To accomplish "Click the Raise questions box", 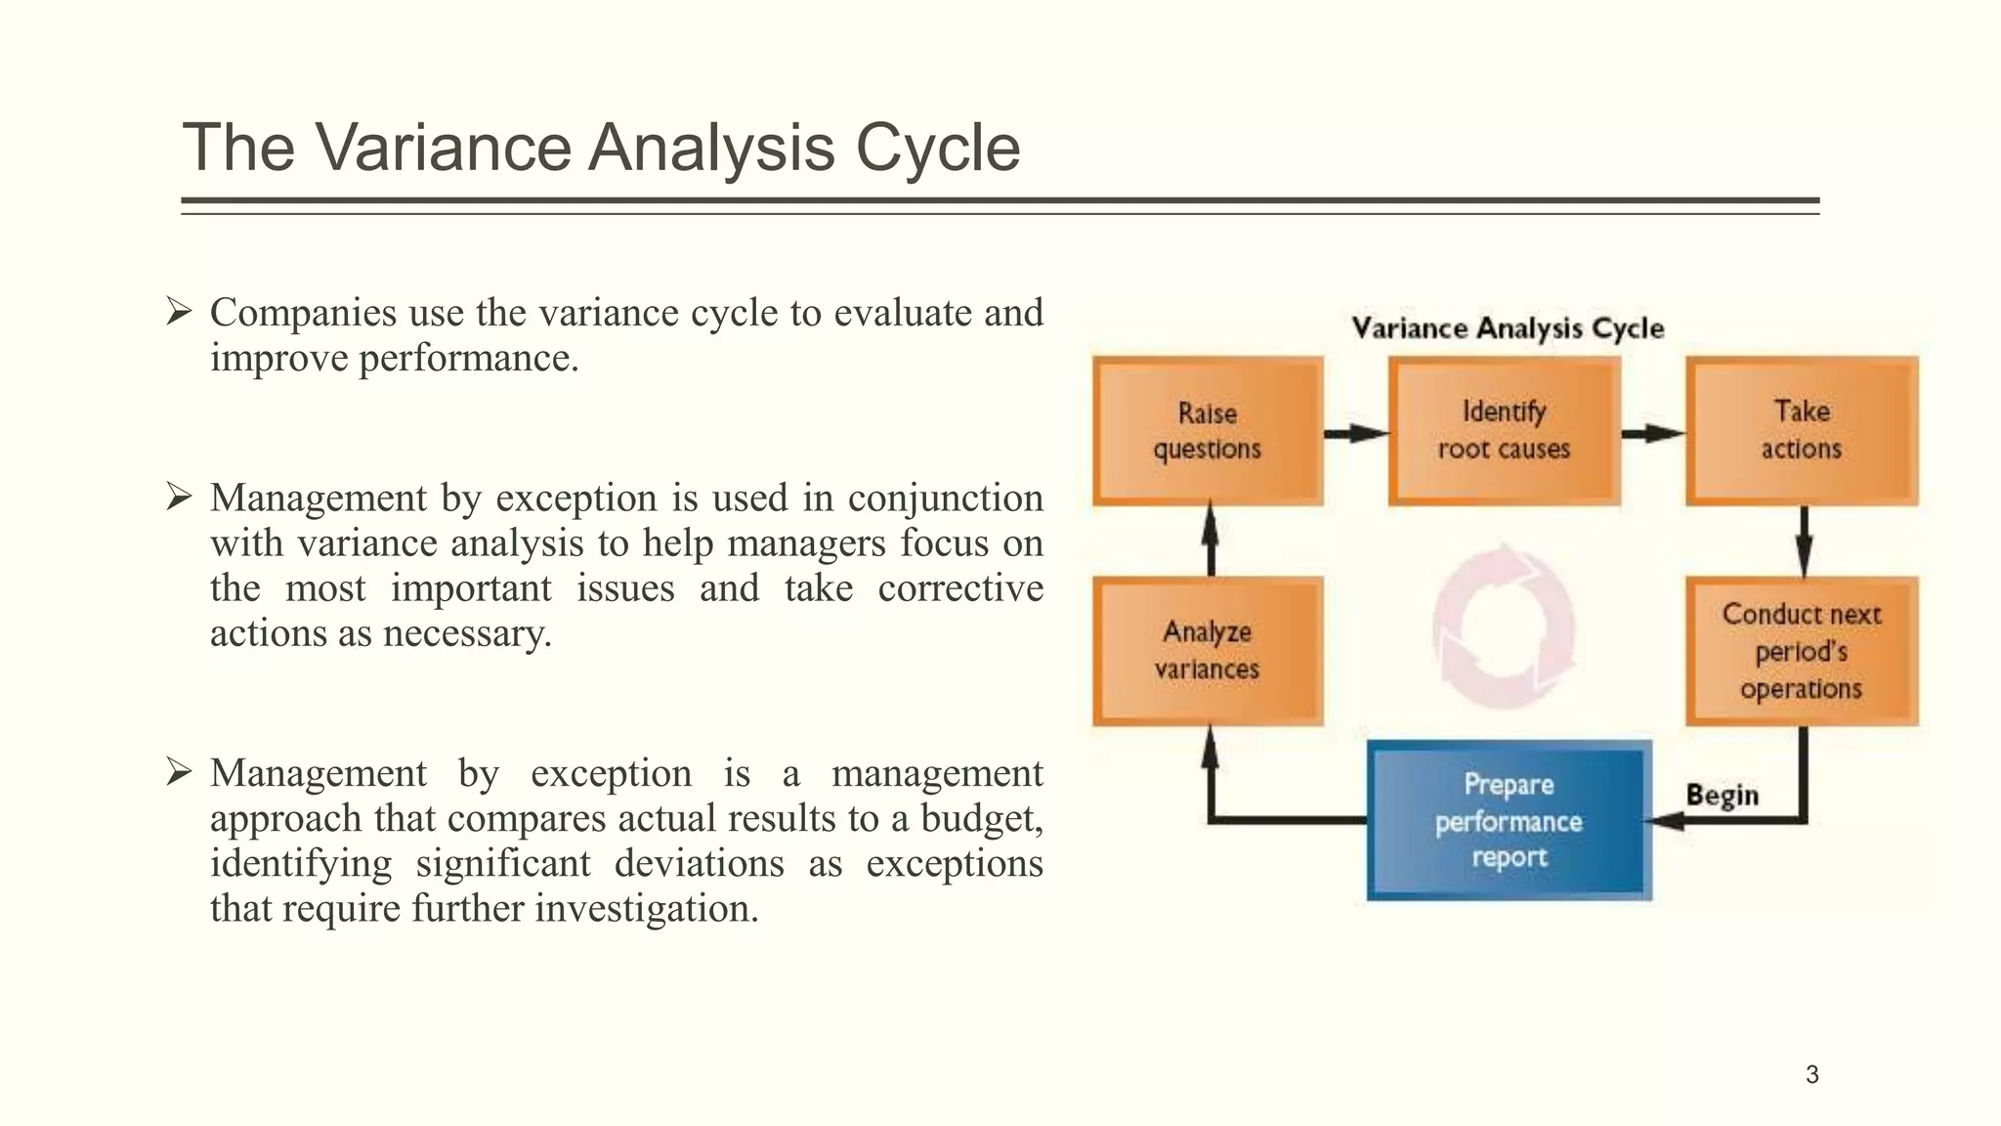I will (1208, 431).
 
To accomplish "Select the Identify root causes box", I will (1504, 431).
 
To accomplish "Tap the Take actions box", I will (1801, 431).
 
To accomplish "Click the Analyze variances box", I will (1208, 651).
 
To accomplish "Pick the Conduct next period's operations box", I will (1801, 651).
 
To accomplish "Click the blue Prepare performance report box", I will (1509, 821).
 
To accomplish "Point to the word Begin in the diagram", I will (1722, 796).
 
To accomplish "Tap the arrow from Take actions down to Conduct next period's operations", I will (1804, 541).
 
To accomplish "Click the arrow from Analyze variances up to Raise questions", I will (1211, 540).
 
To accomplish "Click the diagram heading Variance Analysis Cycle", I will (1507, 328).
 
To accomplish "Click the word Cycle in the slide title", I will (937, 149).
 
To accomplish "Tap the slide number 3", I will (1811, 1075).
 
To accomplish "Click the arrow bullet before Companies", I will (178, 313).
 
